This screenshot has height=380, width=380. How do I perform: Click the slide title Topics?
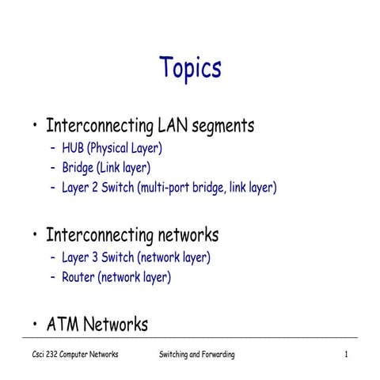pyautogui.click(x=190, y=68)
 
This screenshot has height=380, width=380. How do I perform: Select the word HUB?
pyautogui.click(x=74, y=147)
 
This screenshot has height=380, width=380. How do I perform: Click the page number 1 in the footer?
pyautogui.click(x=347, y=355)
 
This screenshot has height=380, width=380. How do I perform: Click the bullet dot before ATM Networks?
pyautogui.click(x=35, y=325)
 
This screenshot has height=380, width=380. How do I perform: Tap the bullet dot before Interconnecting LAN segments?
pyautogui.click(x=35, y=127)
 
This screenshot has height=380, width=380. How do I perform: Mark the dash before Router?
pyautogui.click(x=53, y=277)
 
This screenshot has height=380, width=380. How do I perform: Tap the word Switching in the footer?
pyautogui.click(x=174, y=355)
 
